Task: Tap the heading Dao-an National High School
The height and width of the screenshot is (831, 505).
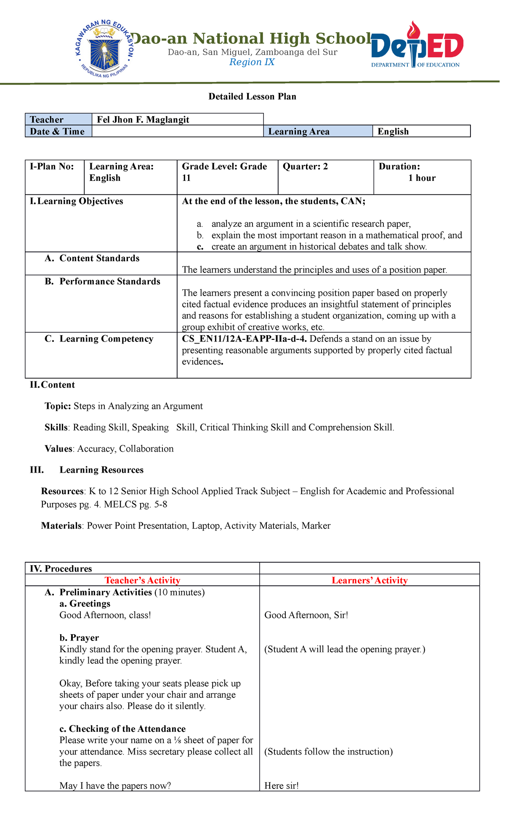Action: (251, 39)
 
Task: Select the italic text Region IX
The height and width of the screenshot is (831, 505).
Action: (252, 62)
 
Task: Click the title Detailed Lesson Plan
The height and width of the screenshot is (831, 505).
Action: (252, 97)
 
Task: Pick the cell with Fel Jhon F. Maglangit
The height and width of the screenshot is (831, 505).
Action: (177, 119)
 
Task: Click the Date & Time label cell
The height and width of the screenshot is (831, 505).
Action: (58, 131)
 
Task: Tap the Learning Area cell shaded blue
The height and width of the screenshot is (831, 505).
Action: (318, 131)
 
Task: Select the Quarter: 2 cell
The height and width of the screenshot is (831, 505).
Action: (325, 177)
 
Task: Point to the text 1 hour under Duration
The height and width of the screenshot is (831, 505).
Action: (422, 178)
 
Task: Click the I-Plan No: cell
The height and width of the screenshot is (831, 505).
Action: (54, 177)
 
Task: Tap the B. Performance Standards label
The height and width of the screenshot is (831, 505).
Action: (103, 281)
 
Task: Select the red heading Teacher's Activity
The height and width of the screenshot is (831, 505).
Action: (142, 580)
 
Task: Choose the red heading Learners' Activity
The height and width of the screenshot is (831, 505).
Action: (369, 580)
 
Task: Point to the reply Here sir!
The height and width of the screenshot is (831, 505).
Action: (281, 786)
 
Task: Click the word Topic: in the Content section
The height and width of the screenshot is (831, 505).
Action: (58, 406)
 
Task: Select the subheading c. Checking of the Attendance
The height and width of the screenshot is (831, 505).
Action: (122, 729)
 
